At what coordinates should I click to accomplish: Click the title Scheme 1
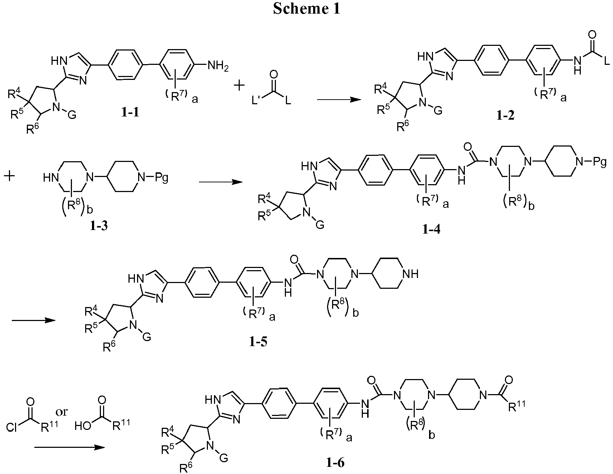306,9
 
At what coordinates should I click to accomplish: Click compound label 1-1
130,113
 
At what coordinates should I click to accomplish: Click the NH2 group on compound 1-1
218,66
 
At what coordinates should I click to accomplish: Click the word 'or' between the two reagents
61,412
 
